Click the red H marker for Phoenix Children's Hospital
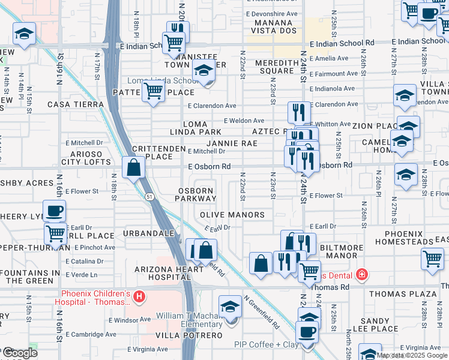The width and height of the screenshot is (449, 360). click(139, 296)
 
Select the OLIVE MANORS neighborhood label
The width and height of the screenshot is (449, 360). click(232, 215)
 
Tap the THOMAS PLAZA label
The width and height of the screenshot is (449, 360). click(402, 294)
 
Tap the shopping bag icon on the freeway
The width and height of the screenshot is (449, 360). click(133, 167)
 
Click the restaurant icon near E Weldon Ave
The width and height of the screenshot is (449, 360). click(298, 112)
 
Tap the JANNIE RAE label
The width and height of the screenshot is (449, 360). click(232, 143)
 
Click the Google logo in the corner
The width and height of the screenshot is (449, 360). click(19, 353)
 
